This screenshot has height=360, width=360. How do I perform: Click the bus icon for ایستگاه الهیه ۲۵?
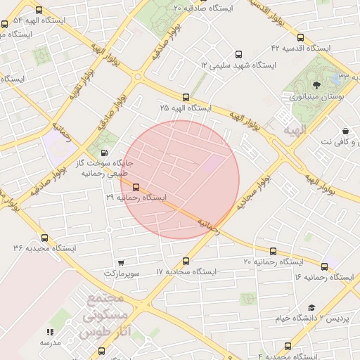tap(186, 97)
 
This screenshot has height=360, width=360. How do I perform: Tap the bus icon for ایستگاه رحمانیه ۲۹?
tap(136, 186)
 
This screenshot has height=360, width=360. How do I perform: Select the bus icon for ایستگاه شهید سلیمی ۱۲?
tap(239, 54)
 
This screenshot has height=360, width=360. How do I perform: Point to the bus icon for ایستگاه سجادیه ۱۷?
tap(186, 260)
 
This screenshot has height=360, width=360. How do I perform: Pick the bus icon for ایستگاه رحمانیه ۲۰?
tap(273, 251)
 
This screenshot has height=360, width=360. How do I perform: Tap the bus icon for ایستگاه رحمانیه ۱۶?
tap(324, 266)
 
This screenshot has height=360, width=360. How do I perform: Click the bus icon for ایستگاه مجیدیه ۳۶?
tap(45, 238)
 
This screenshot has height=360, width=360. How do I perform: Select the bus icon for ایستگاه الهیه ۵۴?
tap(38, 11)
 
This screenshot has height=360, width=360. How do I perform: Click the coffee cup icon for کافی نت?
tap(345, 131)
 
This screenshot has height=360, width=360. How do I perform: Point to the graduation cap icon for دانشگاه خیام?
tap(311, 307)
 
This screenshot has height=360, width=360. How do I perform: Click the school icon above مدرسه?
tap(50, 331)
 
